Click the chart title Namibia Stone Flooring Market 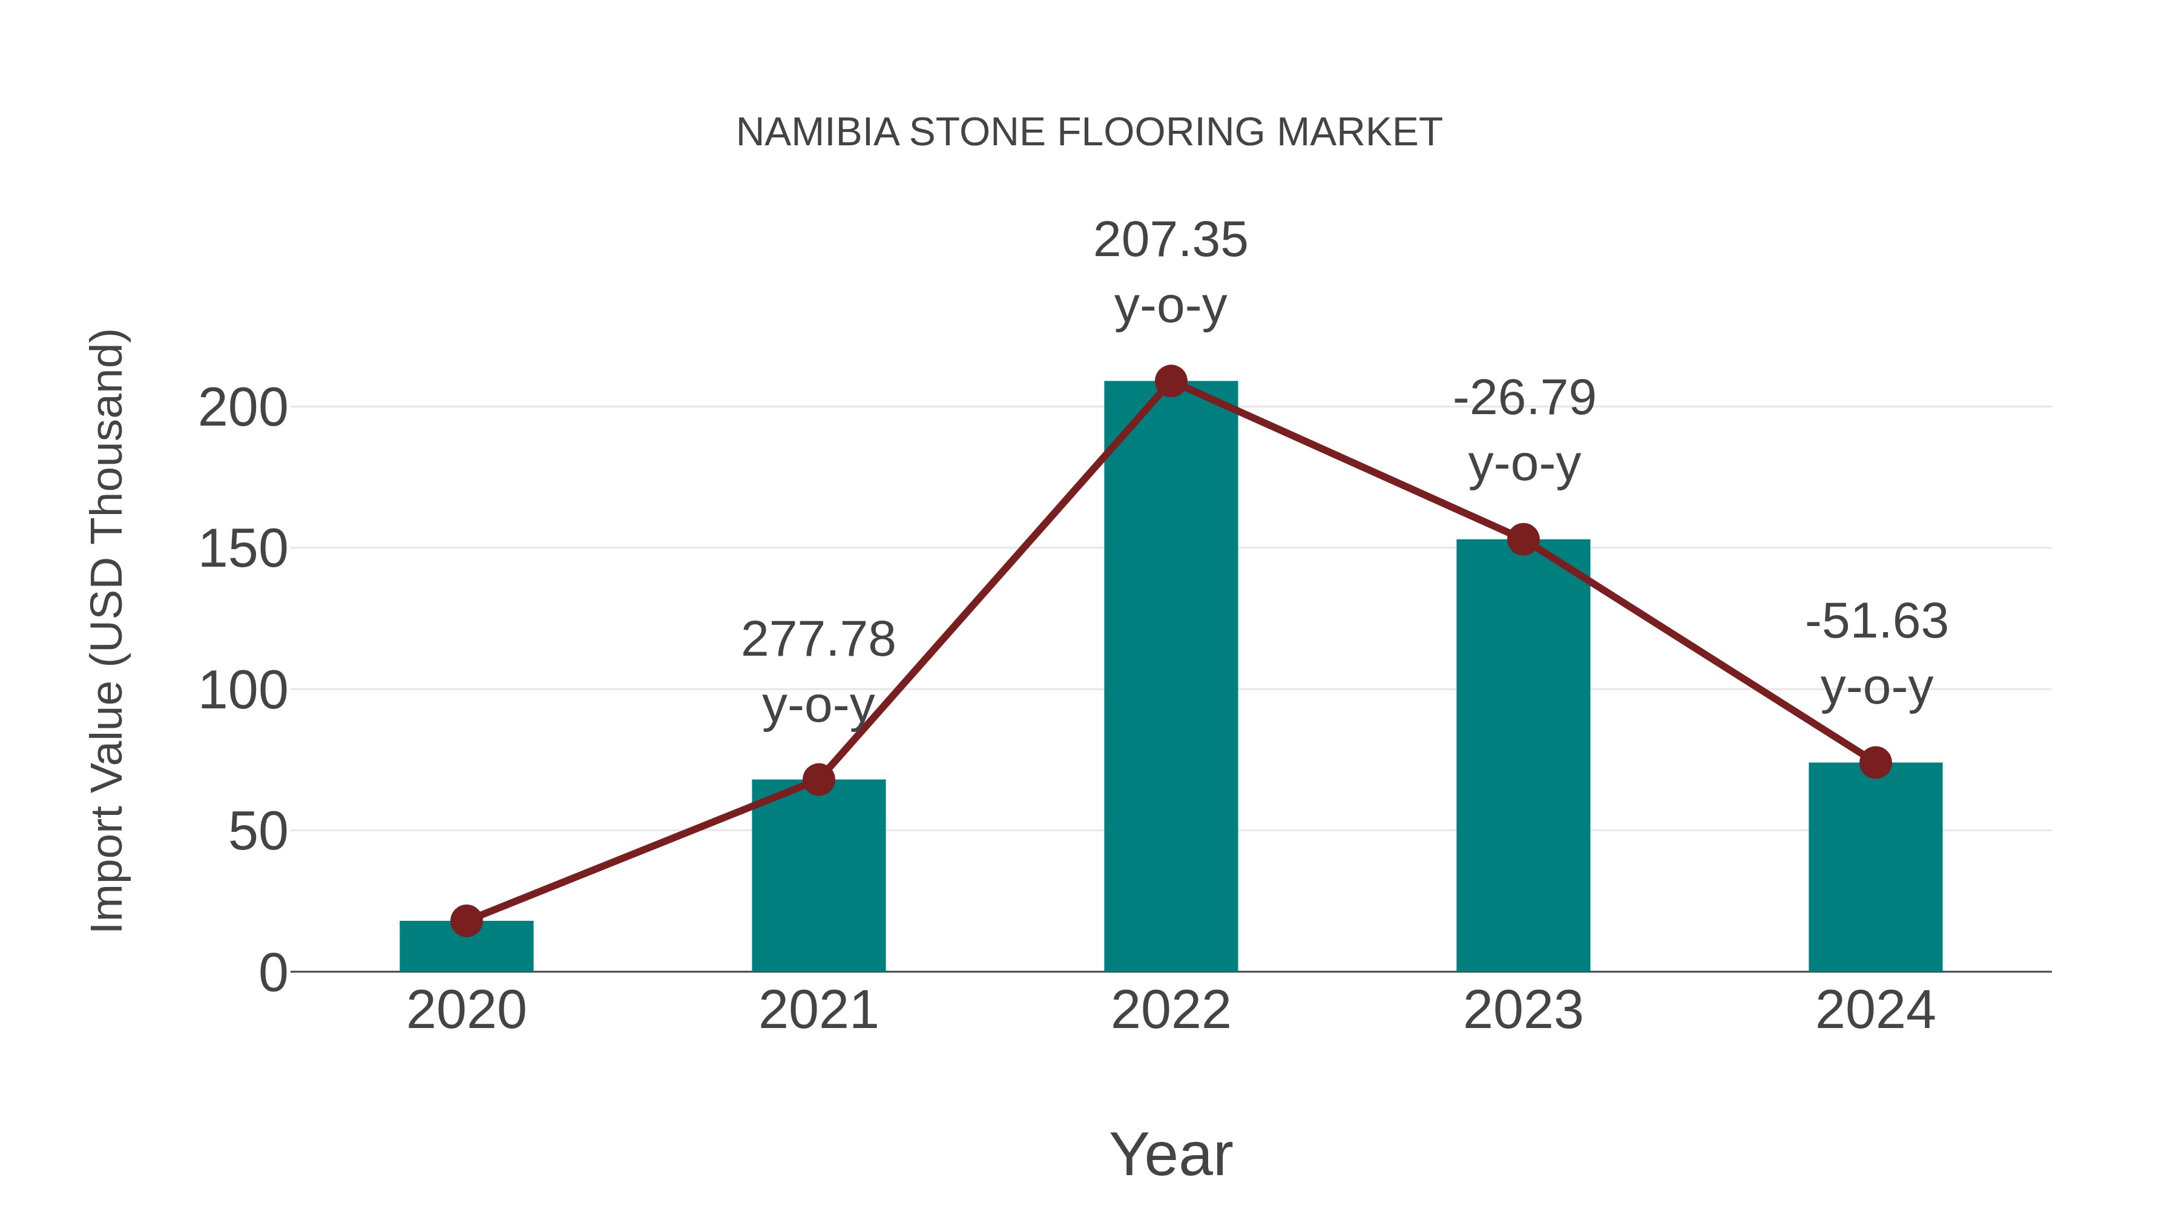tap(1089, 133)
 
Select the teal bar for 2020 tap(466, 947)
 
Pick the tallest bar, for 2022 tap(1171, 677)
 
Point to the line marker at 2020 tap(466, 920)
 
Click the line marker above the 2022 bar tap(1171, 381)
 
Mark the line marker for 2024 tap(1875, 762)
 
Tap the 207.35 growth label tap(1171, 240)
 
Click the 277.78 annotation tap(818, 640)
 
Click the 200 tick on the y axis tap(243, 409)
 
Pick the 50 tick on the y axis tap(258, 832)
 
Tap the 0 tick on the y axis tap(273, 973)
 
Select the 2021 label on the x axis tap(818, 1010)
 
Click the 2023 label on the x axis tap(1523, 1010)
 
